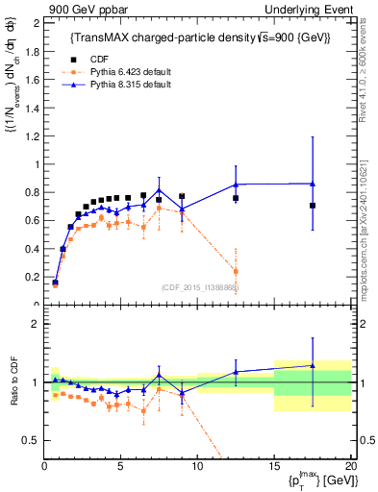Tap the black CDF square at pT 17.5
313,205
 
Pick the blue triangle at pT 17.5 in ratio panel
313,365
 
